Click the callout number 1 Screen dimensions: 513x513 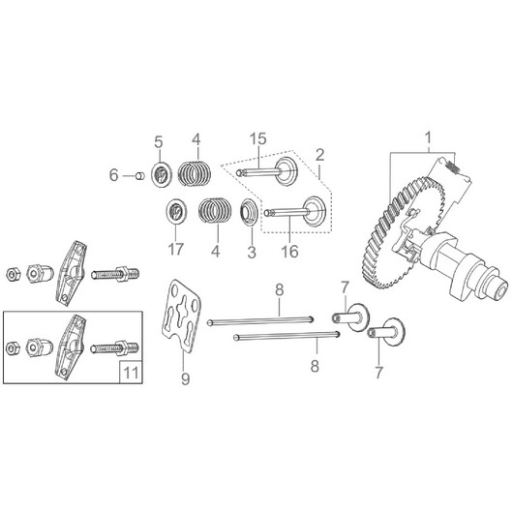(428, 137)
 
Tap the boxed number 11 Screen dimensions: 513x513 (131, 373)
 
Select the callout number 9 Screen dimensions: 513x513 (185, 379)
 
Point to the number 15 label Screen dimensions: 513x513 (258, 138)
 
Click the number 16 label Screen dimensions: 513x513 (289, 252)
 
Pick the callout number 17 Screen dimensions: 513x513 (176, 250)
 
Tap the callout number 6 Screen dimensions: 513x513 (113, 175)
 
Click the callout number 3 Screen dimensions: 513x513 (252, 253)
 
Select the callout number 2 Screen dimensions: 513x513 (319, 155)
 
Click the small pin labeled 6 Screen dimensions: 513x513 (140, 176)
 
